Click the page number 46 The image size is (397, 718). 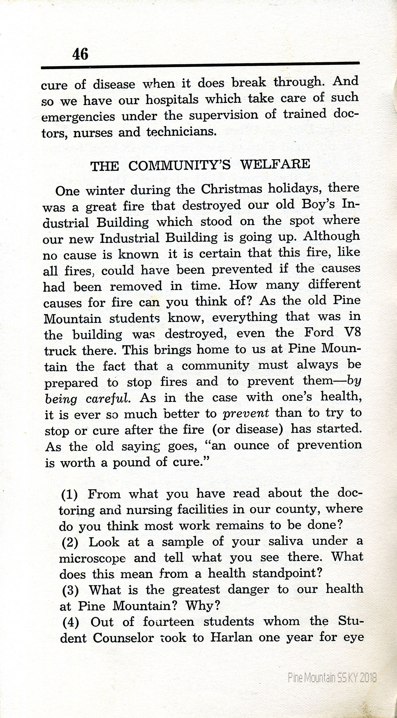point(80,54)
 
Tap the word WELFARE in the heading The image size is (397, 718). point(275,164)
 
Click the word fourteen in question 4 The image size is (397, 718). point(168,622)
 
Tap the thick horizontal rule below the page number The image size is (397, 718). point(200,65)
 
